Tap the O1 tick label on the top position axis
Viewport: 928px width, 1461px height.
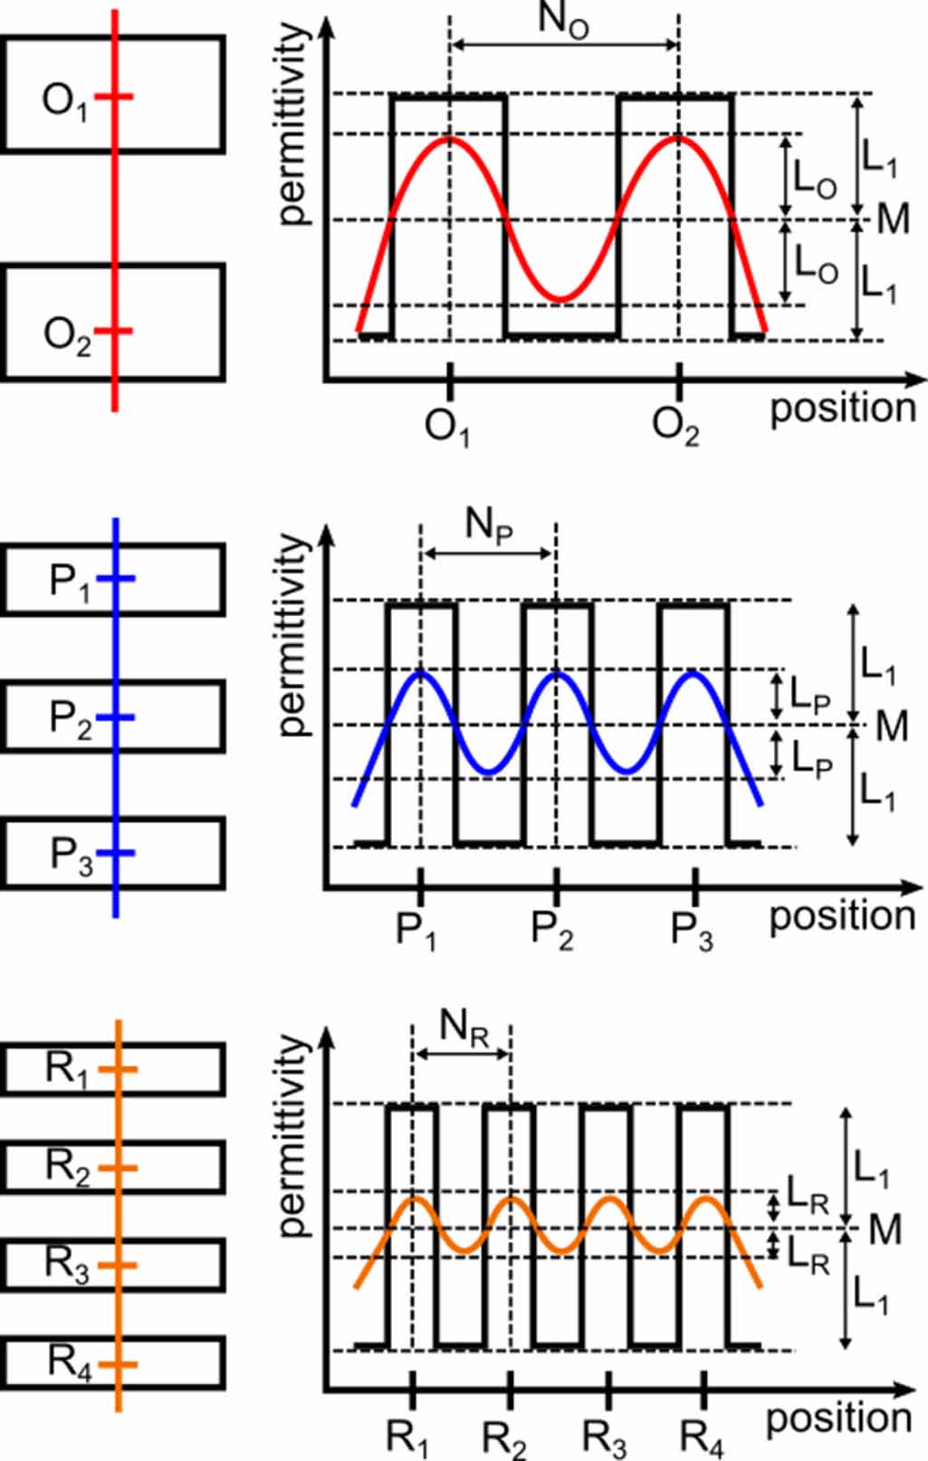point(447,427)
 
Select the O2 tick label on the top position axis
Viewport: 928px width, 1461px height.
point(676,427)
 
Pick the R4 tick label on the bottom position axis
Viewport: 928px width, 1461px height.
point(703,1438)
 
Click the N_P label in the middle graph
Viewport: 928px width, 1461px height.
point(489,525)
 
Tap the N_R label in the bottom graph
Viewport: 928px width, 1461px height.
point(464,1028)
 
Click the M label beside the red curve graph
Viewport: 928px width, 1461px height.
point(893,219)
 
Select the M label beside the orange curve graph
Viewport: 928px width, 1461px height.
point(885,1230)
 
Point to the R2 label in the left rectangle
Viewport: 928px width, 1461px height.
point(68,1168)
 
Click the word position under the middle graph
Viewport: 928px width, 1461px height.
point(842,918)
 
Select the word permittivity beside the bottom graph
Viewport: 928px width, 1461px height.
point(292,1137)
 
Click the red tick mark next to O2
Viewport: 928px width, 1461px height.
point(115,332)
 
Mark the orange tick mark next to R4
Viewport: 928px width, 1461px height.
point(119,1363)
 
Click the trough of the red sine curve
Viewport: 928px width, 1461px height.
point(561,299)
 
